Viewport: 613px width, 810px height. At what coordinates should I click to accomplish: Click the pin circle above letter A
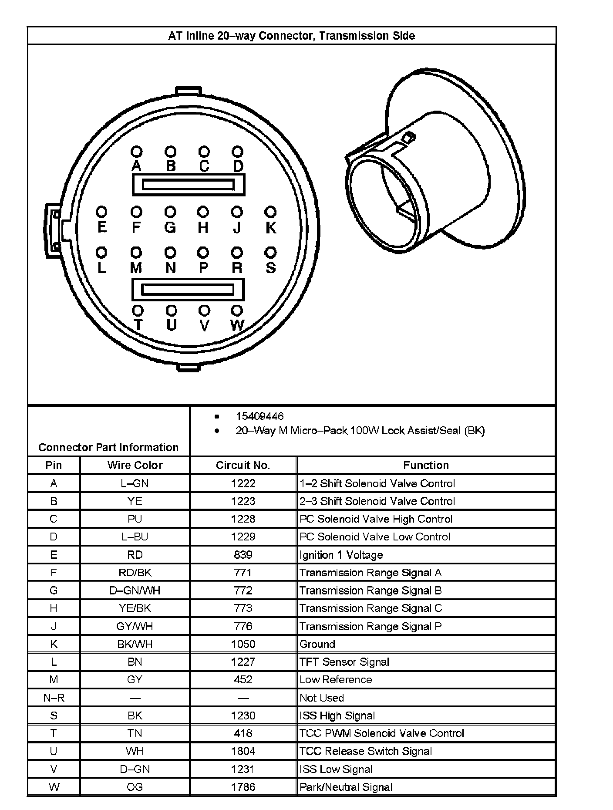pos(137,152)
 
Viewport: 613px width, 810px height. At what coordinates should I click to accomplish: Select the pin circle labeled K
pos(270,212)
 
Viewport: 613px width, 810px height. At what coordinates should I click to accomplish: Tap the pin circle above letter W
pos(236,310)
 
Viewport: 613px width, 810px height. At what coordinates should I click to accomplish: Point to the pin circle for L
pos(101,252)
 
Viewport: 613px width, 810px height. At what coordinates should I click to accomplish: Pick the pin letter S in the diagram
pos(271,267)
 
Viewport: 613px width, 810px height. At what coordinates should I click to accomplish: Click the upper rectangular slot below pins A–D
pos(189,185)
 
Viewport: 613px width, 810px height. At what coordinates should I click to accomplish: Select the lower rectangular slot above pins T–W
pos(188,290)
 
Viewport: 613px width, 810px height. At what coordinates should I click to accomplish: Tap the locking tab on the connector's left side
pos(53,230)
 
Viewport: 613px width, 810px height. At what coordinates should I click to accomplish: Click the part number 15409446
pos(259,416)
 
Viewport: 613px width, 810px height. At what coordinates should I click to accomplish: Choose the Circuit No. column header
pos(243,465)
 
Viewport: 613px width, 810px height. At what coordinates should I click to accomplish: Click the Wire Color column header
pos(135,465)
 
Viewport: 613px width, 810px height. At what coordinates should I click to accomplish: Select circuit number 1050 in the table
pos(243,644)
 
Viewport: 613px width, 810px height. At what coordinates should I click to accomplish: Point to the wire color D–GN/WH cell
pos(135,591)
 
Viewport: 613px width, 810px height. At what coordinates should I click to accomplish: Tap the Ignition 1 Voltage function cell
pos(341,555)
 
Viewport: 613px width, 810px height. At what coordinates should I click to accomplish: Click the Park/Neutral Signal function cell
pos(346,787)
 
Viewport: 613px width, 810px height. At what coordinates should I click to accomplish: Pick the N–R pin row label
pos(54,698)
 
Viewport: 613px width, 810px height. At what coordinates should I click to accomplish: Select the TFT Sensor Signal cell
pos(344,662)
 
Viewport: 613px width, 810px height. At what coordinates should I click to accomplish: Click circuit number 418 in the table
pos(243,733)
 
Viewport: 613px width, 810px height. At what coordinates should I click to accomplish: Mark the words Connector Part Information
pos(108,447)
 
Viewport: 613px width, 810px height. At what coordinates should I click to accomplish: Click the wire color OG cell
pos(135,787)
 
